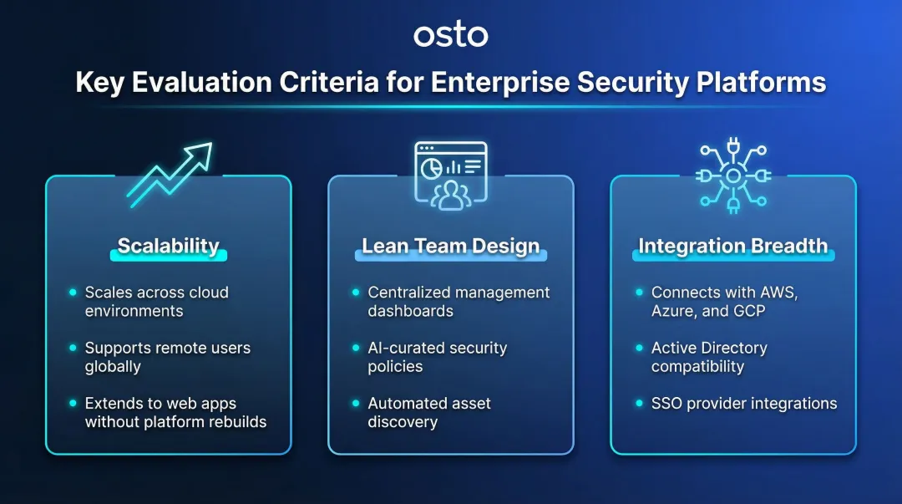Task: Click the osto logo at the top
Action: (451, 36)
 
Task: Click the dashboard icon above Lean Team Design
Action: (451, 175)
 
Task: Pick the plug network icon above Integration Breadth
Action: (732, 176)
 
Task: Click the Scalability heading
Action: (168, 246)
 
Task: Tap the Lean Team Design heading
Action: (451, 246)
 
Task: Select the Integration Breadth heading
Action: (732, 246)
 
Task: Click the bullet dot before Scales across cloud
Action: (73, 293)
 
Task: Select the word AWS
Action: (778, 293)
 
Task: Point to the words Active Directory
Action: (709, 348)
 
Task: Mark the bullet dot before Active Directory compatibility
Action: (639, 348)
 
